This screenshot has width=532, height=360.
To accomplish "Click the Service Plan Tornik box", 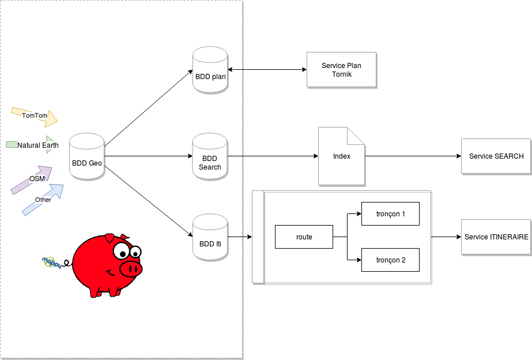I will pyautogui.click(x=341, y=70).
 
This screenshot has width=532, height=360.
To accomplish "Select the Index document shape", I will pyautogui.click(x=341, y=156).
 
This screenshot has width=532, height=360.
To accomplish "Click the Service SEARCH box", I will pyautogui.click(x=496, y=156).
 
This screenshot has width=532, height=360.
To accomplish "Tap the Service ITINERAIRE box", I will pyautogui.click(x=496, y=237).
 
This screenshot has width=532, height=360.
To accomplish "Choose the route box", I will pyautogui.click(x=304, y=237).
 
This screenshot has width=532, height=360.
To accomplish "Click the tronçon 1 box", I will pyautogui.click(x=390, y=214).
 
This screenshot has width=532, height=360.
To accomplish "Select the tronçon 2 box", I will pyautogui.click(x=390, y=260).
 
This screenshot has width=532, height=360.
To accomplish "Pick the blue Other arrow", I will pyautogui.click(x=43, y=200).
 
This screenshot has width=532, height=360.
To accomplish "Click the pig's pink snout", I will pyautogui.click(x=130, y=268).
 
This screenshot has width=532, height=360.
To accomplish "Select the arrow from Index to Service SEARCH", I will pyautogui.click(x=413, y=156).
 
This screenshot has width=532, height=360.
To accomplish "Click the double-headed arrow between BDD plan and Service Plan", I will pyautogui.click(x=267, y=70).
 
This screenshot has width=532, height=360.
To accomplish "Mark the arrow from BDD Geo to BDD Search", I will pyautogui.click(x=150, y=156).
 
